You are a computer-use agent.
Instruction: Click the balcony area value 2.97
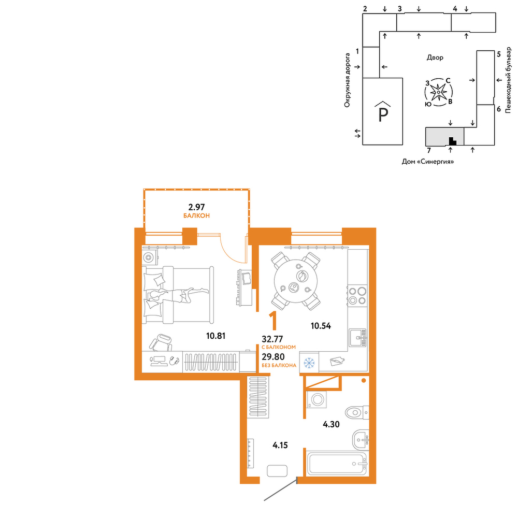[196, 207]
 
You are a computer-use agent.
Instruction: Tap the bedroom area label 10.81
[215, 336]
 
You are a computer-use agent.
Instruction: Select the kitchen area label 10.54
[321, 326]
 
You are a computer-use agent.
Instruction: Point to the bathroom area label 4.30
[331, 424]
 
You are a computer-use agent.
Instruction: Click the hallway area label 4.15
[280, 445]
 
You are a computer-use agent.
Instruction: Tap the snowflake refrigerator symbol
[309, 363]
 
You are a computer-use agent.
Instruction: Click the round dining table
[296, 281]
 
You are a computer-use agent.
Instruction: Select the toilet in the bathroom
[357, 412]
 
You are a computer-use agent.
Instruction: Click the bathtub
[337, 464]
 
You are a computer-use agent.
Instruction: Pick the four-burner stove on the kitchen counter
[357, 296]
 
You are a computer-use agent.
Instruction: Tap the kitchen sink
[358, 338]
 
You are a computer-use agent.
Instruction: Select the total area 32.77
[272, 339]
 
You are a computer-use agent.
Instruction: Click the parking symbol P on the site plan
[383, 114]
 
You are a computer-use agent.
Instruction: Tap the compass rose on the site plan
[438, 92]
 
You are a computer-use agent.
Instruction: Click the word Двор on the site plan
[435, 57]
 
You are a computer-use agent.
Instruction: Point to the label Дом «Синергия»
[428, 162]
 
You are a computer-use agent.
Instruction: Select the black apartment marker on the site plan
[452, 141]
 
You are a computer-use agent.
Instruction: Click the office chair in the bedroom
[161, 343]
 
